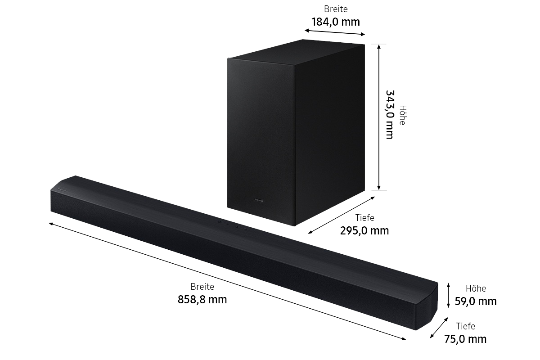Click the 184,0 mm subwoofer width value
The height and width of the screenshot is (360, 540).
[336, 22]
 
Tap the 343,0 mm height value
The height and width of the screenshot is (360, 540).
[390, 115]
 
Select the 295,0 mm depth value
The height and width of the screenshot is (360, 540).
[364, 231]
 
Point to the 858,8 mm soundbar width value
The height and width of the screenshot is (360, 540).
[202, 300]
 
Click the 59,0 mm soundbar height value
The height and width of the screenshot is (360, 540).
[476, 301]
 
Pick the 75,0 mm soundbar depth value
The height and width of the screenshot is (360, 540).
[465, 339]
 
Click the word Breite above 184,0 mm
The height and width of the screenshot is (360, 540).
[336, 9]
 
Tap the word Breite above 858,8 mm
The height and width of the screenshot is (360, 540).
[202, 287]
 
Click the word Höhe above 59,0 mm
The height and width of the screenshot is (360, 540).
[476, 288]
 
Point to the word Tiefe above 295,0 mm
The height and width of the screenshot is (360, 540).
[364, 218]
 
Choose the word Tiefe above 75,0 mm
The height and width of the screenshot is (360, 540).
[465, 326]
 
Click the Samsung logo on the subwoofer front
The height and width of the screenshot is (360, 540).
[259, 200]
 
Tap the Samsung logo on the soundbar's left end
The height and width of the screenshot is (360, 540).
[62, 190]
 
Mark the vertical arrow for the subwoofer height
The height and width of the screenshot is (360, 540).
[379, 117]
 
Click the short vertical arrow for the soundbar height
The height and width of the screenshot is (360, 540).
[448, 295]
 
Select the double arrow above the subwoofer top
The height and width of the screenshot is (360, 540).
[335, 32]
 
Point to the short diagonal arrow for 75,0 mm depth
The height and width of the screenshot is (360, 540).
[439, 328]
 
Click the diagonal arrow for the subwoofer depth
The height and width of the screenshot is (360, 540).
[342, 215]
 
